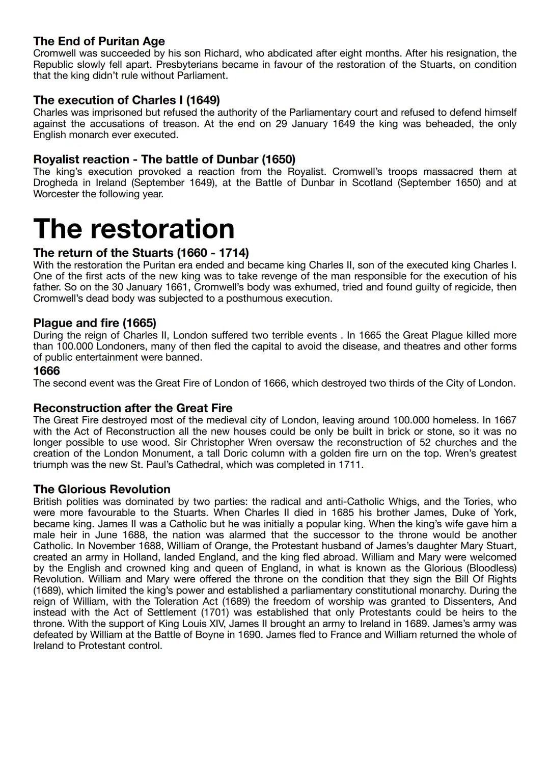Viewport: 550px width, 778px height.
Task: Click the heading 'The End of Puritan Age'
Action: coord(99,41)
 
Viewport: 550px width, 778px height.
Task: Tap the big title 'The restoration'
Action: coord(133,229)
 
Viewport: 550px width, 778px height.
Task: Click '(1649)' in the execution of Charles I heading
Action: coord(203,100)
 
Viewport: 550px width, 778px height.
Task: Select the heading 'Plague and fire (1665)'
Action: coord(95,323)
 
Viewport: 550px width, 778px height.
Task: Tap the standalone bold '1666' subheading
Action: coord(46,370)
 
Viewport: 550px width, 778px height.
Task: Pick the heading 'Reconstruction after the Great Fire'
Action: coord(132,408)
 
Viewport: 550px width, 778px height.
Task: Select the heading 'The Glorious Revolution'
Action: coord(102,490)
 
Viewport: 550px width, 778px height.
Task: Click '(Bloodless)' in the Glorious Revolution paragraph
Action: coord(490,568)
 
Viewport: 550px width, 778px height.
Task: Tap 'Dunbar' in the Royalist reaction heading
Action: coord(239,159)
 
